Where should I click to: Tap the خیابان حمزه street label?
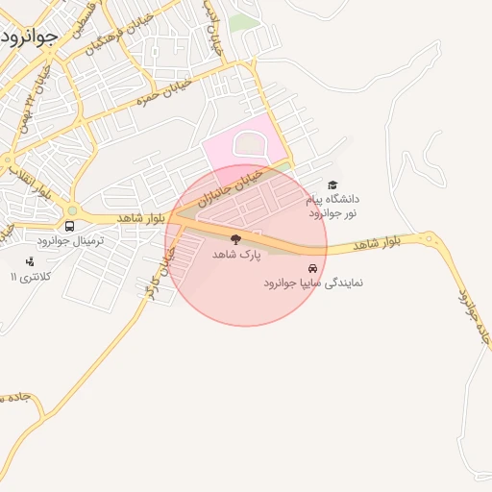(165, 92)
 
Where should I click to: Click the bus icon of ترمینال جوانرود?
(69, 226)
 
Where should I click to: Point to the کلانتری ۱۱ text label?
(31, 277)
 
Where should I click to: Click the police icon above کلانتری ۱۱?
(31, 261)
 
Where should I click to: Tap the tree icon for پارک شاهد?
(236, 239)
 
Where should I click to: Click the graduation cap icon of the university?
(332, 185)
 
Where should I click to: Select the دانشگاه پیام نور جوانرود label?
(332, 205)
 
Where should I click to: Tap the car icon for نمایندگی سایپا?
(311, 268)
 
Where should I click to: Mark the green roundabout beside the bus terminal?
(72, 209)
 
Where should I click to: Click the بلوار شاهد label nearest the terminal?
(140, 219)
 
